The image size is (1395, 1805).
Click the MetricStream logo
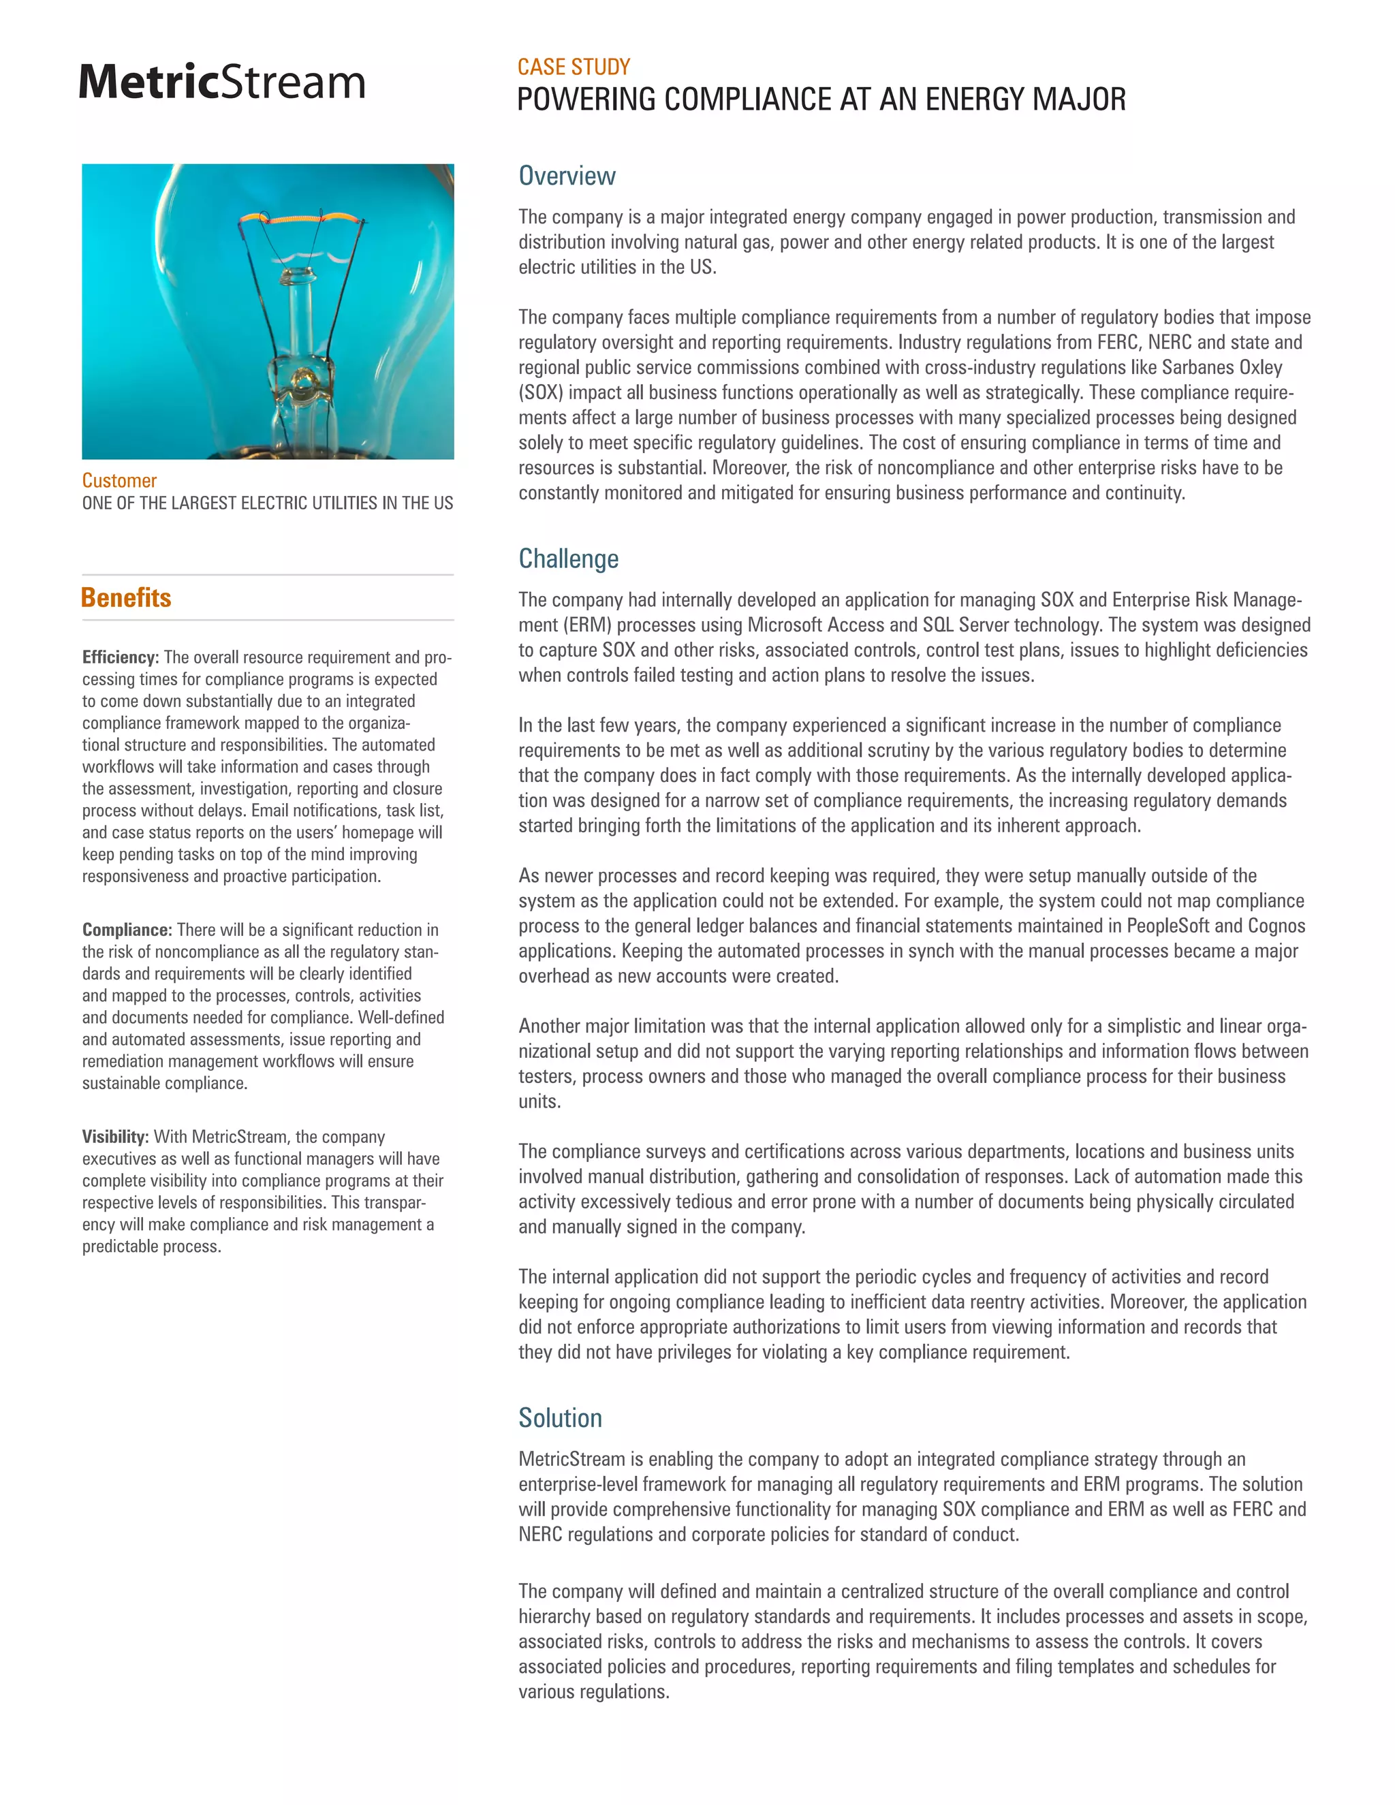221,82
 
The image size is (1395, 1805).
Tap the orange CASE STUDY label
574,67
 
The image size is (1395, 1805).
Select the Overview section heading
567,176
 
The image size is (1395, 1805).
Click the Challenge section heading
569,559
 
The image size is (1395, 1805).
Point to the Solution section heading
561,1417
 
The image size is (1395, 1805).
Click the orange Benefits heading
127,597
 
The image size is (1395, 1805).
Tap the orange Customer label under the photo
119,480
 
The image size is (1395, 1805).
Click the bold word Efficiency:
120,657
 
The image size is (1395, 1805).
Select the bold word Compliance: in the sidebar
127,930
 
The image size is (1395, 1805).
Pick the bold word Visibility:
115,1136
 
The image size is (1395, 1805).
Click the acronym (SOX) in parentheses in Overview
540,392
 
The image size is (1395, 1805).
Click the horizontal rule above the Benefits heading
268,574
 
